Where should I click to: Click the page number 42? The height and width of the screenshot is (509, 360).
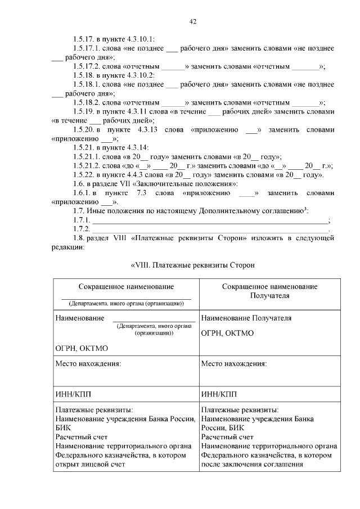192,21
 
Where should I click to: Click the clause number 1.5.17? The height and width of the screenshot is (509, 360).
83,39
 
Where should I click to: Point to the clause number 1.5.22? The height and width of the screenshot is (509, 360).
83,175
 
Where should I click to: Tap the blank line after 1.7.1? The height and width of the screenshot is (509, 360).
210,221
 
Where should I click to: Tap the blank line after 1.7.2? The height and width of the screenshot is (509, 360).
210,230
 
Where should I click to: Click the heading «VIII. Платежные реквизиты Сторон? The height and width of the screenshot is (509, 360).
194,264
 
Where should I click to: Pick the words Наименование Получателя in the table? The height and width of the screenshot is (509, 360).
246,318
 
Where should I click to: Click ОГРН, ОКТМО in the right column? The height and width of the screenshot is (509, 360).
227,333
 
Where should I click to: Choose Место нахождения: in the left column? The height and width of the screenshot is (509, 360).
88,363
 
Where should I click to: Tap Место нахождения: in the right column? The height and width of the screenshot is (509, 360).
234,363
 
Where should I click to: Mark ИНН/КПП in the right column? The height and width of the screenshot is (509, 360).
218,394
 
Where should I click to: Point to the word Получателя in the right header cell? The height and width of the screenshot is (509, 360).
269,295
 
